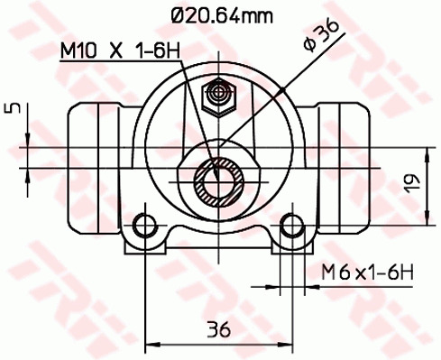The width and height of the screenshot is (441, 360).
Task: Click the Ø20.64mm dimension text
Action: pyautogui.click(x=222, y=15)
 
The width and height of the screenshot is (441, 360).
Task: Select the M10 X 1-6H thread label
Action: pyautogui.click(x=120, y=51)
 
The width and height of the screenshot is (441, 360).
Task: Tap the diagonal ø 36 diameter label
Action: pyautogui.click(x=321, y=35)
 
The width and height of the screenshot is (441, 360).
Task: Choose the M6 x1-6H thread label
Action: pyautogui.click(x=367, y=272)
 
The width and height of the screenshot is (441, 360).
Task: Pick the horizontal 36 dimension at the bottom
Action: pyautogui.click(x=218, y=329)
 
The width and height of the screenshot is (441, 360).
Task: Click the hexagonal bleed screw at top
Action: pyautogui.click(x=218, y=97)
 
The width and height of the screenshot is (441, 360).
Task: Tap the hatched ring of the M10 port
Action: pyautogui.click(x=219, y=182)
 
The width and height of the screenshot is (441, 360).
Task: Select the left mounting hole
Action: pyautogui.click(x=145, y=225)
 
